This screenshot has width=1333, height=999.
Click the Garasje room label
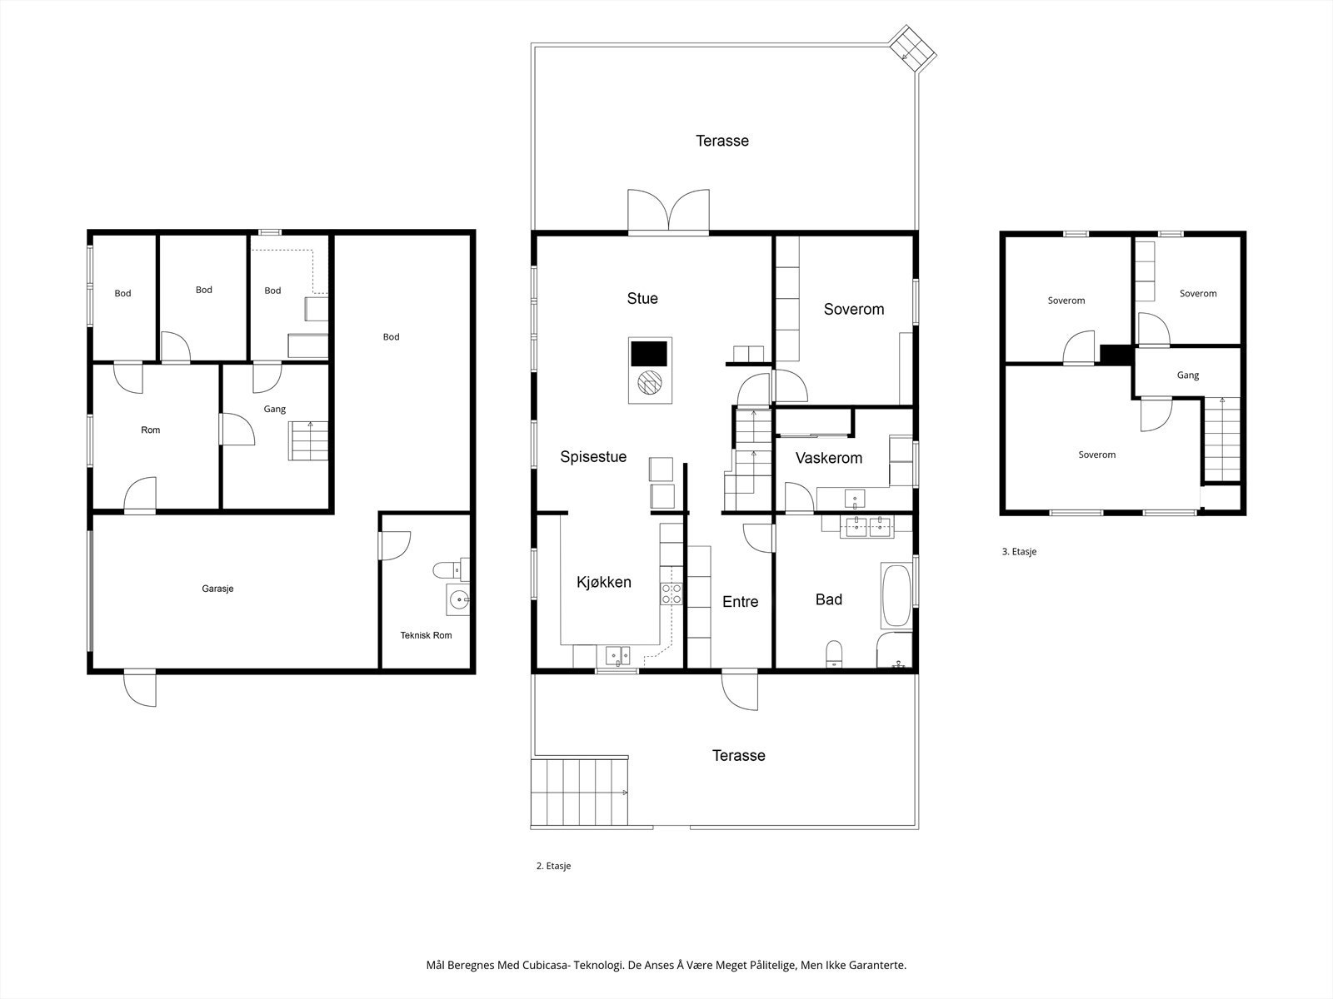[x=217, y=589]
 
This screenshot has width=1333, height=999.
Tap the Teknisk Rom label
[x=426, y=635]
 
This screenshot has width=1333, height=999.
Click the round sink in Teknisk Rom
[x=458, y=600]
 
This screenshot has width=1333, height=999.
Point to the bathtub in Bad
[x=896, y=595]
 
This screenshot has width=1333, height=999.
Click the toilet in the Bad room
[x=835, y=654]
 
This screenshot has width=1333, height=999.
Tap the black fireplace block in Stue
[x=648, y=354]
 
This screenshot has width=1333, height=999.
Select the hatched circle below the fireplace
[x=649, y=383]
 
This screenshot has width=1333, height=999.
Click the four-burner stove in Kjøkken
[x=671, y=594]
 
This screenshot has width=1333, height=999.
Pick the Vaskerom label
[x=828, y=458]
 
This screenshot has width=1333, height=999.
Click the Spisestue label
[x=592, y=457]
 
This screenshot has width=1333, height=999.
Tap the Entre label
[x=741, y=602]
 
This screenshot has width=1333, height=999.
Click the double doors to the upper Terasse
[x=668, y=211]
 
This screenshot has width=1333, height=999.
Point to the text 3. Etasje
[x=1019, y=551]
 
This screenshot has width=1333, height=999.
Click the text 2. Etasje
[x=553, y=866]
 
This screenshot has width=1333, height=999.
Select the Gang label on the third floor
[x=1188, y=375]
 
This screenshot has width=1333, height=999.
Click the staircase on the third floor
[x=1222, y=440]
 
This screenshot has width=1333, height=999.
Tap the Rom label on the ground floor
[x=151, y=430]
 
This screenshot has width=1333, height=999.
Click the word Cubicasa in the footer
[x=546, y=965]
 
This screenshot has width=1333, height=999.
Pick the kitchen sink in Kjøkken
[x=617, y=656]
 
